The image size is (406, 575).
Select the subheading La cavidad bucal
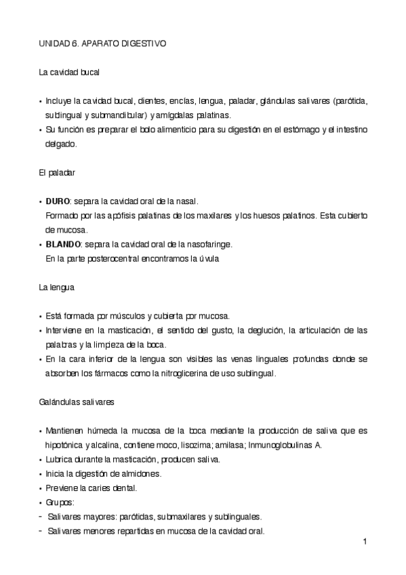[70, 72]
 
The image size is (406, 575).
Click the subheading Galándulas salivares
[76, 401]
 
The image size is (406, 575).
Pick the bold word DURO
[58, 201]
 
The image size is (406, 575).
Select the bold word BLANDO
[63, 244]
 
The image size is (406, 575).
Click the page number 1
[365, 542]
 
